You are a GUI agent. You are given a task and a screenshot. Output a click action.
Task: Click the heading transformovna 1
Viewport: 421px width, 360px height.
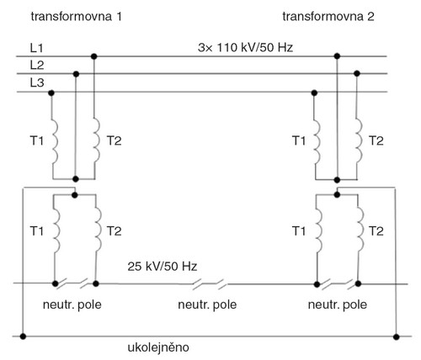pos(77,17)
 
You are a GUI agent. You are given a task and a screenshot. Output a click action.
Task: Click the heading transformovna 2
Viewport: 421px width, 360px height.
pos(328,17)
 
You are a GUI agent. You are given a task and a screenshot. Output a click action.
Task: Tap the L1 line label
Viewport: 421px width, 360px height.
pos(37,48)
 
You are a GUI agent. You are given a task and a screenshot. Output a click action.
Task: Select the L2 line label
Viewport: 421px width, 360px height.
pos(37,66)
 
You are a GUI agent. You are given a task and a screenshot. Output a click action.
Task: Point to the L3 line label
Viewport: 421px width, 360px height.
pos(37,83)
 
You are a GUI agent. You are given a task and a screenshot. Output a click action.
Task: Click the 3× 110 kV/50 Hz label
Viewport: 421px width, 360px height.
pos(245,48)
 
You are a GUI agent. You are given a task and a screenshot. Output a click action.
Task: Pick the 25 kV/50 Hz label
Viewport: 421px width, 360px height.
pos(163,267)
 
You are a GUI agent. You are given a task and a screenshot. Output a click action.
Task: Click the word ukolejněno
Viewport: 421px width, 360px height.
pos(158,348)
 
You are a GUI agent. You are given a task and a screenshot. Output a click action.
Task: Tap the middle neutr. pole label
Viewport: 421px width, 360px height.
pos(207,304)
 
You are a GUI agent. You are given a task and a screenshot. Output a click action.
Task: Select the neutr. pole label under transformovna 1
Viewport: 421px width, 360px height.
pos(72,304)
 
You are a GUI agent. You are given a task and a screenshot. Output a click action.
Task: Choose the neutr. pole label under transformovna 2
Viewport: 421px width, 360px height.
pos(338,304)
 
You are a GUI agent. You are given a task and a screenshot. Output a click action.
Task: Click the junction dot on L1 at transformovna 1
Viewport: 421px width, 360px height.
pos(94,56)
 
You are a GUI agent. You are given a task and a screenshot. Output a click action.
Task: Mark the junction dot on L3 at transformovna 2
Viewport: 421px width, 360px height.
pos(314,93)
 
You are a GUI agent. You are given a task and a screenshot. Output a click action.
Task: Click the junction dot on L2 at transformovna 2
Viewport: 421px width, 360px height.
pos(357,74)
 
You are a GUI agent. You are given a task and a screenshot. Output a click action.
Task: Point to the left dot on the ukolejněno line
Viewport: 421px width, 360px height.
pos(23,336)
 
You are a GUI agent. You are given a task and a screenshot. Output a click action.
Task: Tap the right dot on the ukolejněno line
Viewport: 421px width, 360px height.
pos(396,336)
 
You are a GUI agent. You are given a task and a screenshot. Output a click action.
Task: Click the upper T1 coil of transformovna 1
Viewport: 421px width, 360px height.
pos(55,143)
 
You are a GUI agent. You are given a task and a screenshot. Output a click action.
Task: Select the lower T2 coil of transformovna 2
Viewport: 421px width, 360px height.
pos(360,229)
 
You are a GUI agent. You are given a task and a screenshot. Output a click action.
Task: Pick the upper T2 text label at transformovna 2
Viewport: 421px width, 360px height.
pos(376,140)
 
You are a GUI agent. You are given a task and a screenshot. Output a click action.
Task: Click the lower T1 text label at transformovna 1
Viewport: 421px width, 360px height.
pos(37,231)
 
